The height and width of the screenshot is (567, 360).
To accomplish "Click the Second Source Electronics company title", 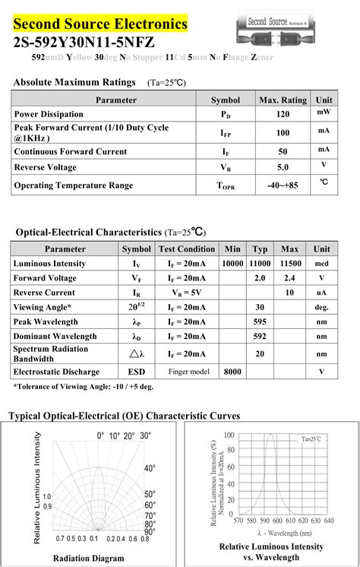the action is coord(99,24).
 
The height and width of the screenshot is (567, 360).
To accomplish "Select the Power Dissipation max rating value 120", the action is coord(283,114).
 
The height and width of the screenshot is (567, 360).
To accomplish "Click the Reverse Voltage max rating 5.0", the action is coord(283,167).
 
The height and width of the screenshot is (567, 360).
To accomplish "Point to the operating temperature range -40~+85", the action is coord(283,185).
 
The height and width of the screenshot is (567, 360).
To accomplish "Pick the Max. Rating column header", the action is coord(283,100).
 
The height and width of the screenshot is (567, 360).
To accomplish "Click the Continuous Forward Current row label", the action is coord(70,150).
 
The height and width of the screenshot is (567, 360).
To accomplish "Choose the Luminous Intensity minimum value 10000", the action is coord(232,264).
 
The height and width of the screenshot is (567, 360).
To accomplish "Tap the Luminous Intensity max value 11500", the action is coord(290,264).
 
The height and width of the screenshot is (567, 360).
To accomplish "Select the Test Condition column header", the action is coord(187,249).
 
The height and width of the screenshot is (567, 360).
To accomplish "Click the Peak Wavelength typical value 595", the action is coord(260,322).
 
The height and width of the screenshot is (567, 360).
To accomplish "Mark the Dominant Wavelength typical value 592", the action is coord(260,336).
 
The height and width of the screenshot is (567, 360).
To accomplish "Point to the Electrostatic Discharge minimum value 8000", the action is coord(232,372).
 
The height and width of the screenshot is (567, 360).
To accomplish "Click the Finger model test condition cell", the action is coord(187,372).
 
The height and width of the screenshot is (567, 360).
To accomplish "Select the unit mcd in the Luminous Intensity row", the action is coord(322,264).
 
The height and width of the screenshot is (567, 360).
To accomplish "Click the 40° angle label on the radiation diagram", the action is coord(149,469).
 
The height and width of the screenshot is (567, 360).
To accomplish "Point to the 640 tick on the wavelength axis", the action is coord(328,521).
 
